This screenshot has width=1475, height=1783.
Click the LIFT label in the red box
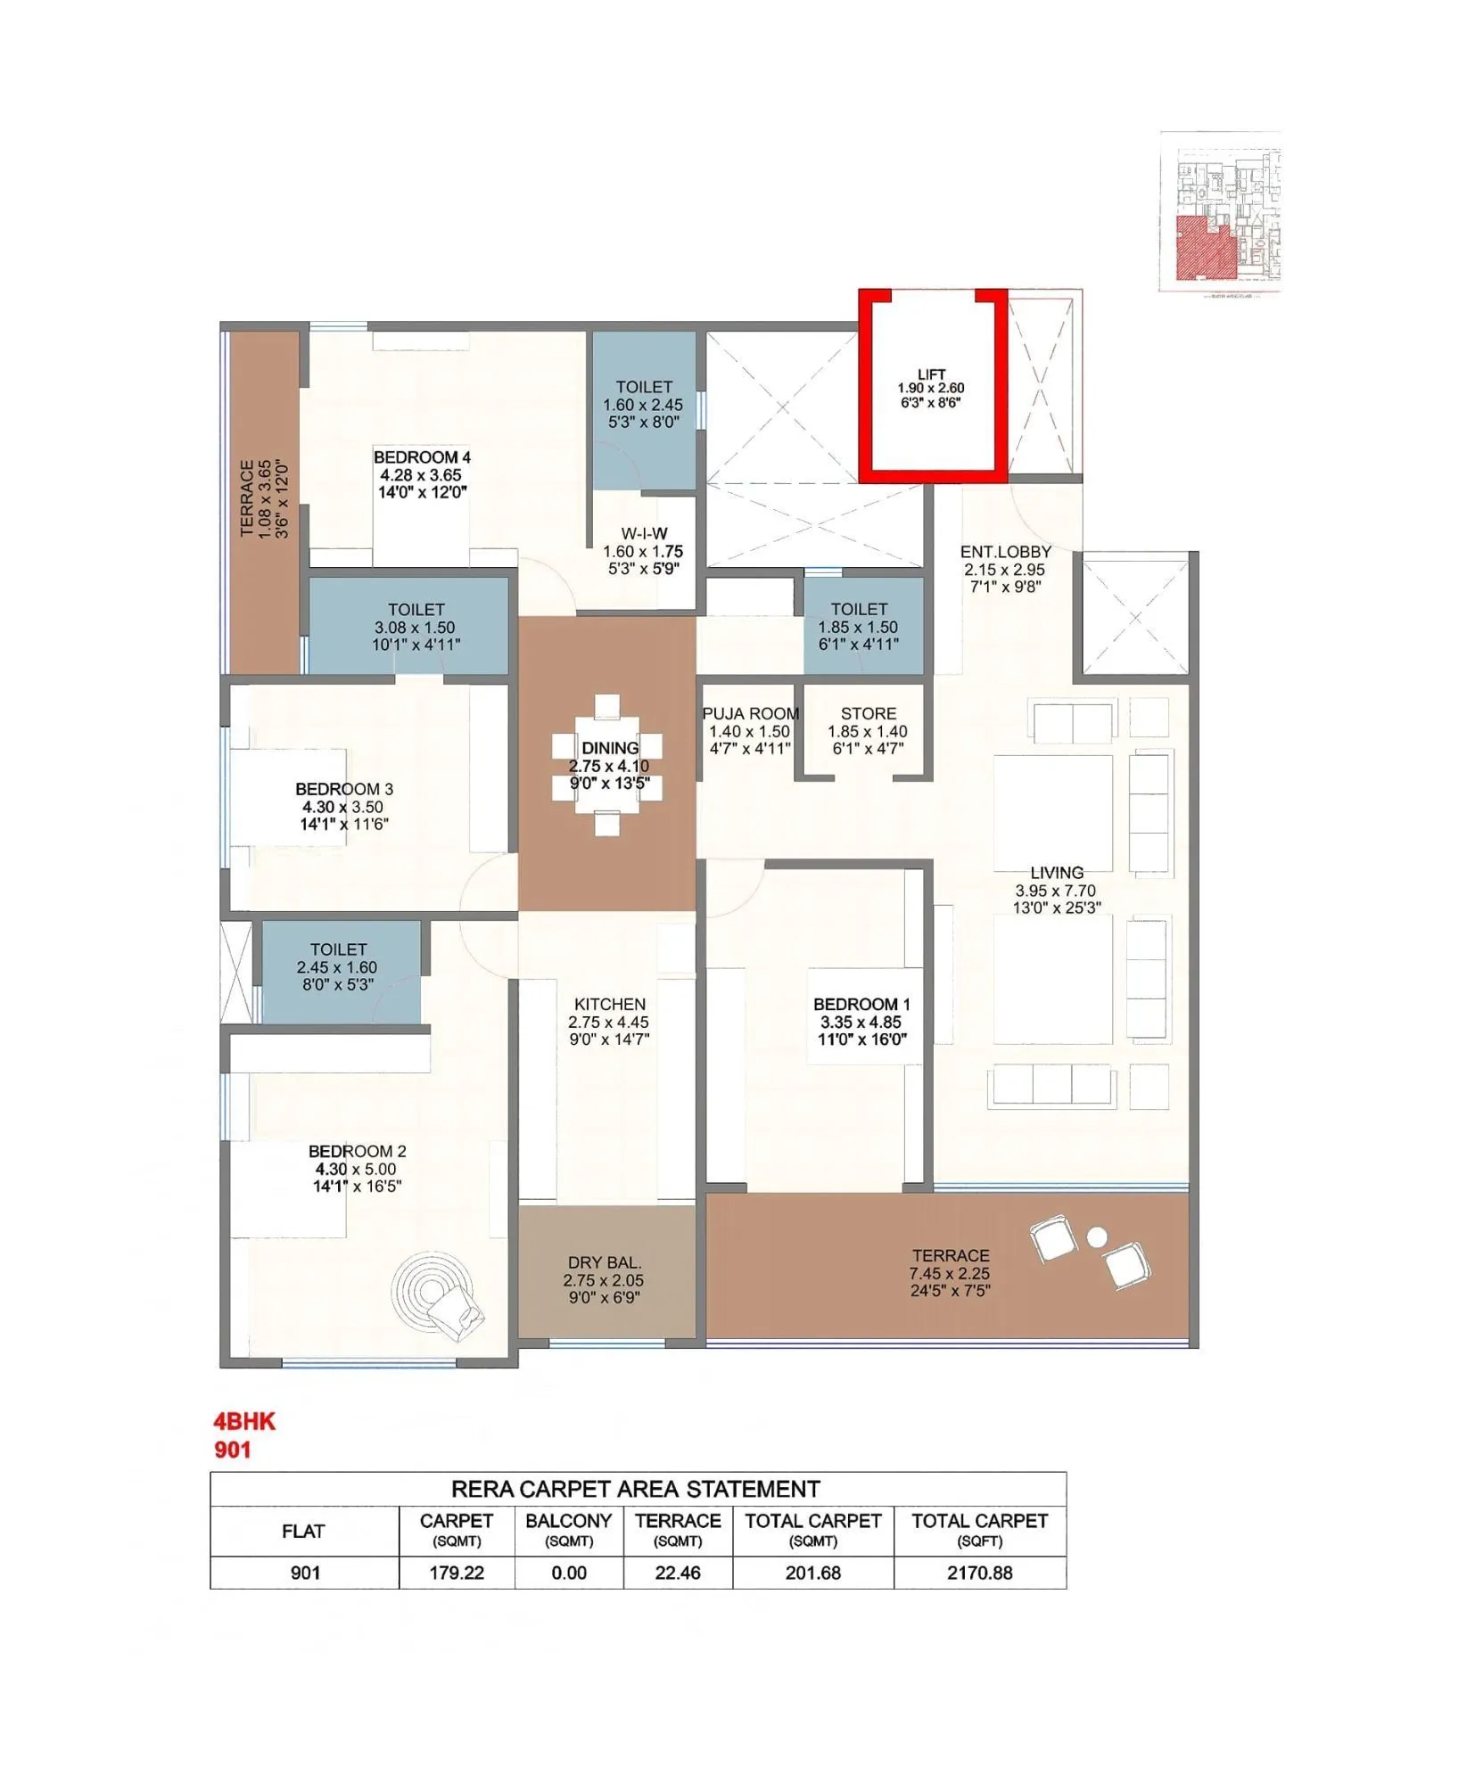[931, 374]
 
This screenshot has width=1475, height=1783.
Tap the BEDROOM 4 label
[422, 457]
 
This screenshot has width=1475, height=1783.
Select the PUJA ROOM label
[750, 713]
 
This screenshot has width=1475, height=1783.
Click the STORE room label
[868, 713]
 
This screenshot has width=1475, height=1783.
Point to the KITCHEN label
[609, 1004]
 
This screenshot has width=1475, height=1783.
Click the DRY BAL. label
[604, 1262]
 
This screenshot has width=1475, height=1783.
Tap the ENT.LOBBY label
[1005, 552]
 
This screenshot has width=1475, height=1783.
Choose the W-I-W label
[644, 533]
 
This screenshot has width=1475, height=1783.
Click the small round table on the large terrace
[1097, 1237]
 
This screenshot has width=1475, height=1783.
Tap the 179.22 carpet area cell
[457, 1573]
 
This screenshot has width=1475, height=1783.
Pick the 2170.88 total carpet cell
[979, 1573]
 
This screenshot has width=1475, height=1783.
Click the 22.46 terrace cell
[678, 1573]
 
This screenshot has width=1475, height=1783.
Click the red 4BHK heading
[244, 1421]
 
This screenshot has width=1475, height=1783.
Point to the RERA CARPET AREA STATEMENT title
[635, 1489]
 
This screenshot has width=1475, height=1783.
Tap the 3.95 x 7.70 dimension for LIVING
[1055, 891]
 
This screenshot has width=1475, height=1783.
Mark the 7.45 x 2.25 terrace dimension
[950, 1273]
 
